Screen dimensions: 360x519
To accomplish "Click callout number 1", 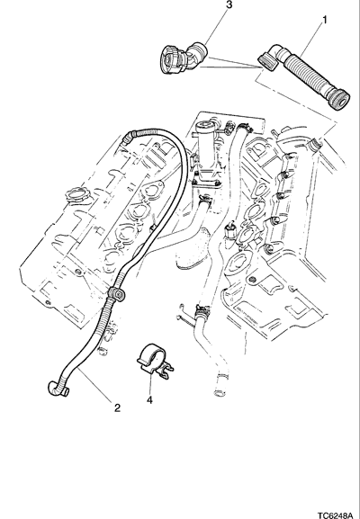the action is (325, 20).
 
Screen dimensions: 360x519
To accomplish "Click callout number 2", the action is (117, 408).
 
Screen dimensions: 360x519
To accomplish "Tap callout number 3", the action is (229, 4).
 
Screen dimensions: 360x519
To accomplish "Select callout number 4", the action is (149, 400).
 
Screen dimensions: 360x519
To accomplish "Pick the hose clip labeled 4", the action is (154, 361).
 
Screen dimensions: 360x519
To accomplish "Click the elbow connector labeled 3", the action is (183, 58).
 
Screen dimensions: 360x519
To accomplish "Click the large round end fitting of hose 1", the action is (339, 100).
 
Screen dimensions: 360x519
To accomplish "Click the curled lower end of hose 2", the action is (58, 388).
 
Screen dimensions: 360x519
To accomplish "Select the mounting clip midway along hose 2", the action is (116, 293).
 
